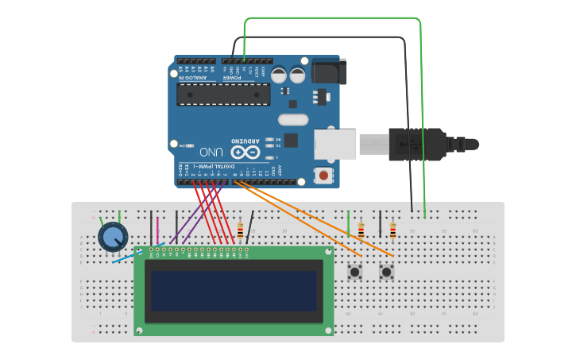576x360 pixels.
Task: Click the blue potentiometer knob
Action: click(x=113, y=237)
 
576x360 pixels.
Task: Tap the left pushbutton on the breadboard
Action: click(x=355, y=273)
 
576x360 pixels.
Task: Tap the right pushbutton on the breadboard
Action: click(x=387, y=273)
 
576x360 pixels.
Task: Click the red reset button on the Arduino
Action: click(x=323, y=175)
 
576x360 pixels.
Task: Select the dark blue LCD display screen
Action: click(x=234, y=291)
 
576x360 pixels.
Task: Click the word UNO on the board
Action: click(x=211, y=151)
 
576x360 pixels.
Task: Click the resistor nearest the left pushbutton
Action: click(x=361, y=230)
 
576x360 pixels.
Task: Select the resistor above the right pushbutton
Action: click(x=392, y=230)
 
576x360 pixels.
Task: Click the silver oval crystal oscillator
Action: click(x=292, y=120)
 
